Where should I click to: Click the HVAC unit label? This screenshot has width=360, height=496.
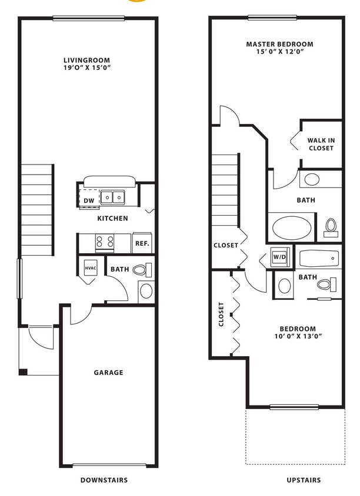tap(91, 268)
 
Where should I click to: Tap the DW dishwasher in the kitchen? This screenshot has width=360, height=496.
tap(89, 200)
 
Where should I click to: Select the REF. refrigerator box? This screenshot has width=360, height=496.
tap(142, 243)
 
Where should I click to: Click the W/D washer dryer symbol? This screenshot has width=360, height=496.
tap(279, 257)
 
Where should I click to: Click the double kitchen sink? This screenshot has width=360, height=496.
tap(112, 197)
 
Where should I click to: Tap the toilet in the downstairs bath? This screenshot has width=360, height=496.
tap(141, 270)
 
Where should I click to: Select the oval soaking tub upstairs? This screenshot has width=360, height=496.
tap(292, 227)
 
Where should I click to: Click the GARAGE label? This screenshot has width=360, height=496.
tap(109, 372)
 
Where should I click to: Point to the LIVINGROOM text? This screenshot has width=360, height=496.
tap(87, 60)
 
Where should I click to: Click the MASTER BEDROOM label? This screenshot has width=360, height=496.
tap(279, 44)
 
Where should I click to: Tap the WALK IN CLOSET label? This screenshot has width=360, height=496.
tap(321, 144)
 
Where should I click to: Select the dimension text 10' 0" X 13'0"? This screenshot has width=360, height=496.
tap(298, 336)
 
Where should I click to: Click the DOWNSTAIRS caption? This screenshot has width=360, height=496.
tap(104, 480)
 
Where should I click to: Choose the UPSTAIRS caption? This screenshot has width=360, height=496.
tap(304, 480)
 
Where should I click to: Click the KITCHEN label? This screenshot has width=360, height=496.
tap(113, 218)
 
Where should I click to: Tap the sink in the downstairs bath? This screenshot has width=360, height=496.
tap(146, 290)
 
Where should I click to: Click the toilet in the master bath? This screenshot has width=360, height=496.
tap(331, 226)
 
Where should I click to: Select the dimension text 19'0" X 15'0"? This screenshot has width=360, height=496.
tap(87, 68)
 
